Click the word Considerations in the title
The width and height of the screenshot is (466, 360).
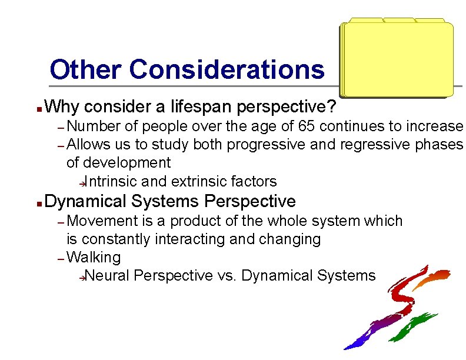(x=226, y=69)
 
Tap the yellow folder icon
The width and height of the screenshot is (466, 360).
(x=397, y=59)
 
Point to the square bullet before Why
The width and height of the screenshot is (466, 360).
(x=38, y=109)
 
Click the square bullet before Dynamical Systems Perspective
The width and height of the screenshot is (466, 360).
(x=38, y=203)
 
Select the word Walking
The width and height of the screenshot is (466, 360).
(x=94, y=258)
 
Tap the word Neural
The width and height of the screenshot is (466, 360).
(x=110, y=275)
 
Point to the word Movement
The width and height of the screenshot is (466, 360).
(x=101, y=221)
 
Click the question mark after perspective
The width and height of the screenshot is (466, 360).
(x=332, y=107)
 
